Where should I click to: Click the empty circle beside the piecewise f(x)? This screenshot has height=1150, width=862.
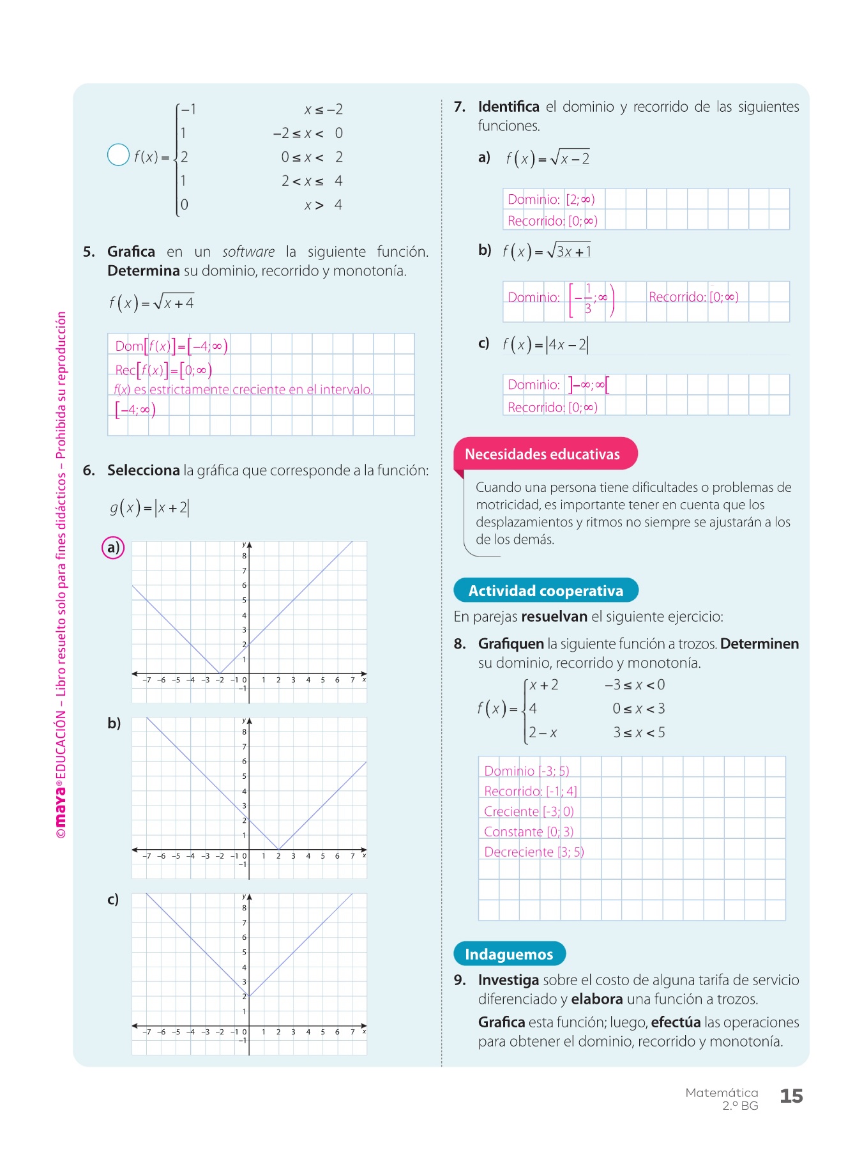(118, 155)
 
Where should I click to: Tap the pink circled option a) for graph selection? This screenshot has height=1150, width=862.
(113, 548)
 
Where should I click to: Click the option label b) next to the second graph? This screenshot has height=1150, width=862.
(114, 723)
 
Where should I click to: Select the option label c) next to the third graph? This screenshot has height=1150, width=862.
(113, 900)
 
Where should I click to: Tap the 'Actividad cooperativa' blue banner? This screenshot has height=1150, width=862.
(545, 590)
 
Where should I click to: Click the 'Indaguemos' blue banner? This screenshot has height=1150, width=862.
(509, 954)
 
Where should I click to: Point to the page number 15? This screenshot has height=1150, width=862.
(791, 1096)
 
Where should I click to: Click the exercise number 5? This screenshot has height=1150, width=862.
(89, 252)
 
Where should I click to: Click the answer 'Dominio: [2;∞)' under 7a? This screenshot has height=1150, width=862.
(551, 199)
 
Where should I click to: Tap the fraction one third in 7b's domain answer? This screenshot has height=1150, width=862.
(588, 299)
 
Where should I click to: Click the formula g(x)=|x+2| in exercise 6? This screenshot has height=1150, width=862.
(149, 508)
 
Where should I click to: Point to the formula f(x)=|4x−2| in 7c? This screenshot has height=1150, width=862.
(545, 345)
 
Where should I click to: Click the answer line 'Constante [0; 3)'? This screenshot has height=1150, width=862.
(529, 832)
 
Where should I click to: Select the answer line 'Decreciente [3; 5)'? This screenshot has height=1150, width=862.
(534, 852)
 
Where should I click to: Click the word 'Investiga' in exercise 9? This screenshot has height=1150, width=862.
(508, 980)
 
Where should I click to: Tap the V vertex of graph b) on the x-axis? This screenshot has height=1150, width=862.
(279, 849)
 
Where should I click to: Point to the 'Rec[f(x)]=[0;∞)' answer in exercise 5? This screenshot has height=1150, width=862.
(163, 370)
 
